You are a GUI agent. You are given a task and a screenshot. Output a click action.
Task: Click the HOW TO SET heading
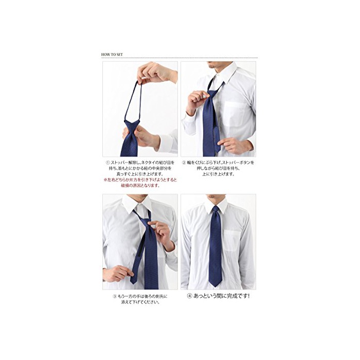112,55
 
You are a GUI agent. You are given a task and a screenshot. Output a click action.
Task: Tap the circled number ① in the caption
107,163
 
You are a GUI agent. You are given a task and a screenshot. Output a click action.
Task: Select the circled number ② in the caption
184,163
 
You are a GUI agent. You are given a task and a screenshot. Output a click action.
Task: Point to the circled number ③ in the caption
114,296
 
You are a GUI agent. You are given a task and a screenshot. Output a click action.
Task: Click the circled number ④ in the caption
190,296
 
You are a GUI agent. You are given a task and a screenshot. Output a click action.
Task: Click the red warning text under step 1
140,182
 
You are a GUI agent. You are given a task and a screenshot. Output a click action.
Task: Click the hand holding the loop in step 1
156,73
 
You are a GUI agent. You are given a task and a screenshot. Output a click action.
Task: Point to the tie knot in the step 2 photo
211,96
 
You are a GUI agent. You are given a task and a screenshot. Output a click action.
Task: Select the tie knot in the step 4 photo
215,209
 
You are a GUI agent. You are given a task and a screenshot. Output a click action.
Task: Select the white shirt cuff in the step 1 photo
167,143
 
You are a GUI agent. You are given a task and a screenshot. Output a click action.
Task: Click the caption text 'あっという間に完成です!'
221,296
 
